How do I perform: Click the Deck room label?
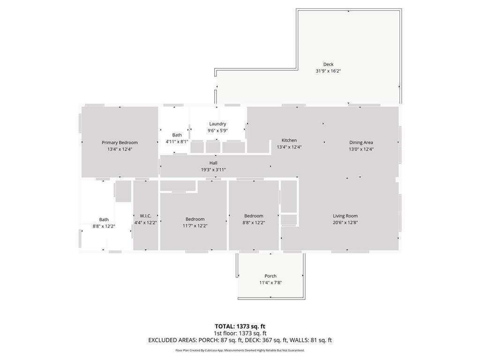pos(328,64)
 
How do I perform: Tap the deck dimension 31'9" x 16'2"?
pos(328,71)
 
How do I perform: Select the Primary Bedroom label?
pos(120,142)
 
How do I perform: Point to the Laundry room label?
pos(217,124)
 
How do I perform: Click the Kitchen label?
pos(289,140)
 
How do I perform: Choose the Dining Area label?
pos(361,142)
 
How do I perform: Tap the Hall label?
pos(213,163)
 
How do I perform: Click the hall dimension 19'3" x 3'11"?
pos(213,170)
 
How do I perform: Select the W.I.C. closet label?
pos(145,216)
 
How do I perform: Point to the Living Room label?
pos(345,216)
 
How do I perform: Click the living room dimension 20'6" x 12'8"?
pos(345,223)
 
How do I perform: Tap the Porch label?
pos(270,276)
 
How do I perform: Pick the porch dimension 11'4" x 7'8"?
pos(270,283)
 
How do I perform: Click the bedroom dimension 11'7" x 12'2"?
pos(195,225)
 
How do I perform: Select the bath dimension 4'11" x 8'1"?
pos(177,142)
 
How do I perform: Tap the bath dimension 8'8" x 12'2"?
pos(104,226)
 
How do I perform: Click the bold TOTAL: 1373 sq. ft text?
pos(240,326)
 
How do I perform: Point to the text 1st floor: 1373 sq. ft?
pos(240,333)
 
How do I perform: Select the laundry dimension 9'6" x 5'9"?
pos(217,130)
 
